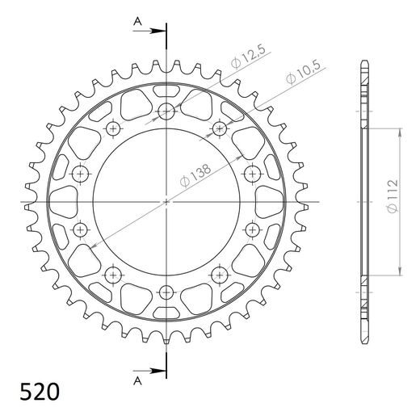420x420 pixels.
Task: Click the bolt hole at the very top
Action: pyautogui.click(x=166, y=112)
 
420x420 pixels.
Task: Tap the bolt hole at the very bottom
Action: pyautogui.click(x=166, y=291)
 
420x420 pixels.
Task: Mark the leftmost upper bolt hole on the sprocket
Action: pyautogui.click(x=81, y=174)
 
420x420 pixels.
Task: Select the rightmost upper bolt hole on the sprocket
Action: pyautogui.click(x=250, y=174)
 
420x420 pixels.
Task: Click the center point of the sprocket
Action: pyautogui.click(x=166, y=201)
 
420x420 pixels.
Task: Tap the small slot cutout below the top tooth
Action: pyautogui.click(x=166, y=90)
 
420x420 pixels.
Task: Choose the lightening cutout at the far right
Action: pyautogui.click(x=269, y=201)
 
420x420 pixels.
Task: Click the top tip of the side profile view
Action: pyautogui.click(x=364, y=61)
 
